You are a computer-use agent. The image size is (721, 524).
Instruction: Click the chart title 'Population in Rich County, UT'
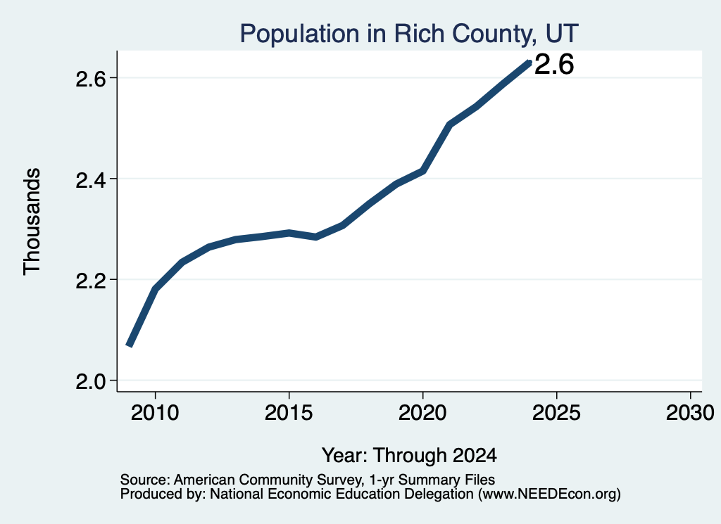point(409,34)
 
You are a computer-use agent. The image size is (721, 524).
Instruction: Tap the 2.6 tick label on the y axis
point(91,79)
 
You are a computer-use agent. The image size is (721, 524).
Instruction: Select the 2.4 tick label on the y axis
point(91,179)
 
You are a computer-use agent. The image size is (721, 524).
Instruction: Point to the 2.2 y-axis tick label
point(91,280)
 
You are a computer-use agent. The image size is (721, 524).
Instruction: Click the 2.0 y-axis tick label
point(91,381)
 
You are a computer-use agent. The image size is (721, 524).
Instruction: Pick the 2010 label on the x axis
point(155,413)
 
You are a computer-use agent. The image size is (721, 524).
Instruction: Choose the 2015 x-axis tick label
point(289,413)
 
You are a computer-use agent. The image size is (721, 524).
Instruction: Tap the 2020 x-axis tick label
point(422,413)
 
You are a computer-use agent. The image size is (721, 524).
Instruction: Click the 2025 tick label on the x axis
point(556,413)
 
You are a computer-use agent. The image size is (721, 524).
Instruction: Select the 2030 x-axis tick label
point(690,413)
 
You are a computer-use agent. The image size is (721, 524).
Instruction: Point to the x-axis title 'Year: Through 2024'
point(409,455)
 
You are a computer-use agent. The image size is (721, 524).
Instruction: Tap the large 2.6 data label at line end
point(554,64)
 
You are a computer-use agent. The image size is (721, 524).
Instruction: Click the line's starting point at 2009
point(130,345)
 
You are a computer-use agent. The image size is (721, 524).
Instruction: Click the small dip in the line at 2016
point(315,237)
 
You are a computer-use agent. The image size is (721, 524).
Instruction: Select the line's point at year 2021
point(449,124)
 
